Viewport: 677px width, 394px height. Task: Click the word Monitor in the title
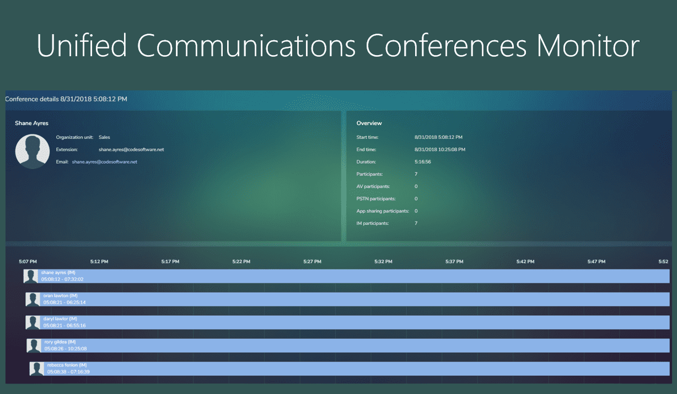pos(588,45)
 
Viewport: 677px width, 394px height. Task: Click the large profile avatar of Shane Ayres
pos(33,150)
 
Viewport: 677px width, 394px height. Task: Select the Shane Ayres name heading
pos(31,123)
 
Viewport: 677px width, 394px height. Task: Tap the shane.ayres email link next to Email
pos(104,162)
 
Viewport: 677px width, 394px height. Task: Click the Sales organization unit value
pos(104,137)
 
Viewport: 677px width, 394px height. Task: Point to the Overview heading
pos(369,123)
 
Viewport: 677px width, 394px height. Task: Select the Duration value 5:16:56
pos(423,162)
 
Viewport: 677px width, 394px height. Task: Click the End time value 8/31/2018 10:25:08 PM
pos(439,149)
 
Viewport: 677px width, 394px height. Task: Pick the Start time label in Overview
pos(367,137)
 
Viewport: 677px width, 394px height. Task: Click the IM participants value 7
pos(416,224)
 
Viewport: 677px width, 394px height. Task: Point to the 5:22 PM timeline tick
pos(241,262)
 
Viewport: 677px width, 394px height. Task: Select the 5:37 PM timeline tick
pos(454,262)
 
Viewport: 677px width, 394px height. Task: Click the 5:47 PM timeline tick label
pos(596,262)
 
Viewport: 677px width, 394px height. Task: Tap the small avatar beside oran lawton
pos(34,299)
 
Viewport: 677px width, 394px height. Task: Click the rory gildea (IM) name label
pos(60,342)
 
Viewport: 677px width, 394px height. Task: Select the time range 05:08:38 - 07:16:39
pos(68,372)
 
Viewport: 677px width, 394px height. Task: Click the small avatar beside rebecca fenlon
pos(37,369)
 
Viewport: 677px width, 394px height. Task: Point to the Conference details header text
pos(66,99)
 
